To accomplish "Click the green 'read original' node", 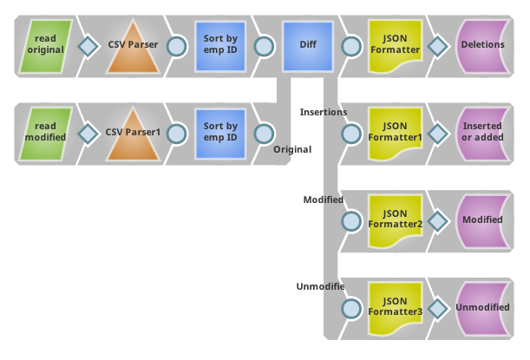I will [x=45, y=45].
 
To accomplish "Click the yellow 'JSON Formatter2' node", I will [x=395, y=219].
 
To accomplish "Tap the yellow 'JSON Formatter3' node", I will [x=395, y=307].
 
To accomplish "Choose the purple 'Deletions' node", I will [x=482, y=45].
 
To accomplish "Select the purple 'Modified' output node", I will [x=482, y=219].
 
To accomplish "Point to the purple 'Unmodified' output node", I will [x=482, y=307].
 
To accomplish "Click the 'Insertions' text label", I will [x=324, y=112].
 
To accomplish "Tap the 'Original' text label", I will [x=292, y=149].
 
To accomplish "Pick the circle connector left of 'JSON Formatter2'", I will [x=351, y=220].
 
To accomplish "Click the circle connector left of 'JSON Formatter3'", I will [x=351, y=308].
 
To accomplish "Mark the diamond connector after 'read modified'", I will [x=88, y=134].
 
